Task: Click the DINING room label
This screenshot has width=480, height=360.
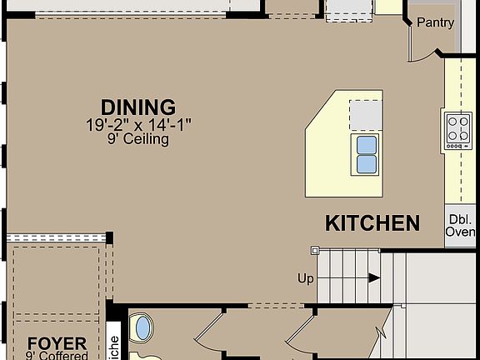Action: click(138, 107)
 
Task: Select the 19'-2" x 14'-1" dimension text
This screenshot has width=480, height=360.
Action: click(138, 125)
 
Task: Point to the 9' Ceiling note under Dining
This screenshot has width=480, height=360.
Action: click(138, 140)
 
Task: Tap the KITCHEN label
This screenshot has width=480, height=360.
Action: click(372, 223)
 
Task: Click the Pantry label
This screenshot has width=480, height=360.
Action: click(435, 22)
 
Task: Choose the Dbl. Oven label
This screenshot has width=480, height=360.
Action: click(461, 226)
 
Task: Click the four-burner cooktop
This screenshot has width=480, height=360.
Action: click(458, 130)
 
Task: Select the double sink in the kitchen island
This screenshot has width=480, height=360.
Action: click(367, 154)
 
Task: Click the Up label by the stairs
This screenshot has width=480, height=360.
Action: click(306, 278)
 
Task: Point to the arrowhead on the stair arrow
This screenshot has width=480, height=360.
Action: click(374, 278)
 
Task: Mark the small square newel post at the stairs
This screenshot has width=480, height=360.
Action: click(315, 250)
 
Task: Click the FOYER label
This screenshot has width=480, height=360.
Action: click(57, 343)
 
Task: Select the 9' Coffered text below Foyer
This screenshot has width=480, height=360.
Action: click(57, 357)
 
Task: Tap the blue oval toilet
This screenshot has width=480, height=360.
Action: click(143, 327)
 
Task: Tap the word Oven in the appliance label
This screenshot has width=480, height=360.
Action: click(461, 232)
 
